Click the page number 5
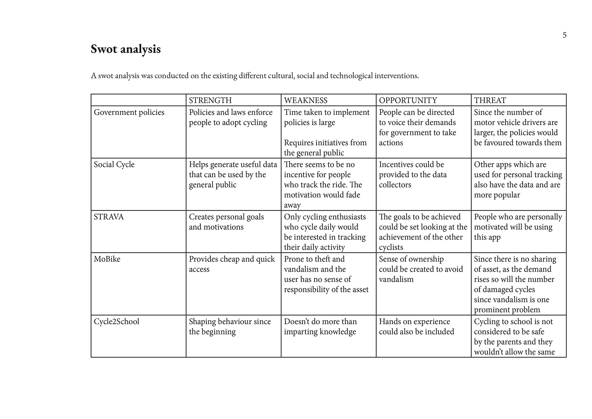(564, 35)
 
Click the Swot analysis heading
(126, 49)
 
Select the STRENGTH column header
(210, 100)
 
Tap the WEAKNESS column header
(305, 100)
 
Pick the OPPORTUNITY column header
(408, 100)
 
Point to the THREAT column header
(490, 100)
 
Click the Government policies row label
(129, 112)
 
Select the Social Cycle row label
(114, 164)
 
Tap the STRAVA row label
(109, 217)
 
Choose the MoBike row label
(107, 259)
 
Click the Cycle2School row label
(116, 321)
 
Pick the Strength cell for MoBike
(232, 264)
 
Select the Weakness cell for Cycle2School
(320, 327)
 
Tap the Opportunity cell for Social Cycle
(413, 175)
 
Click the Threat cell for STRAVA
(518, 227)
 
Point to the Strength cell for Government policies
(230, 117)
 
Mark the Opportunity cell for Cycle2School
(416, 327)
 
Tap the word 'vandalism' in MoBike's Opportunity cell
(396, 280)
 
